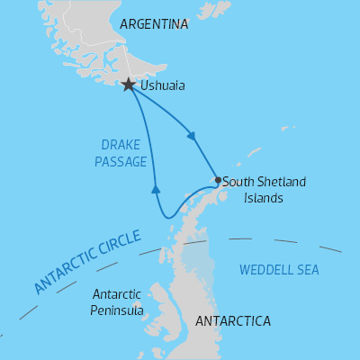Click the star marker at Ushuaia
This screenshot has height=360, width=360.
point(129,85)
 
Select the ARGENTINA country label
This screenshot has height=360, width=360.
point(154,24)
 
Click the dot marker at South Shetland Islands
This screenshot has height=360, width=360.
point(218,180)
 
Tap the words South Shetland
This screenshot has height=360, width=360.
point(264,182)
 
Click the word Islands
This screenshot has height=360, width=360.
point(264,197)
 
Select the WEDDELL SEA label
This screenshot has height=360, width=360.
point(279,269)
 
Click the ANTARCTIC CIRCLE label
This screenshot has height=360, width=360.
point(87,262)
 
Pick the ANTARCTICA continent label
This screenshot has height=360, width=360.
point(233,320)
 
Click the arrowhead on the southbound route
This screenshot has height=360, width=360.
point(192,137)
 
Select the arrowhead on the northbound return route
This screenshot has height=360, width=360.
point(156,189)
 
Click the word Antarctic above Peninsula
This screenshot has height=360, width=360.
point(117,294)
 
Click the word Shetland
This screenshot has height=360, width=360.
point(282,182)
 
